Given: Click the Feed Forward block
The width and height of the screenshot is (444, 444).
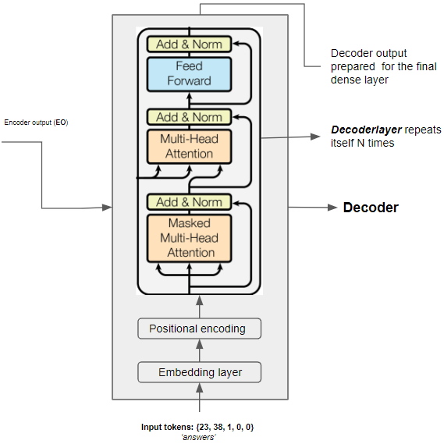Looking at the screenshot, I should [189, 73].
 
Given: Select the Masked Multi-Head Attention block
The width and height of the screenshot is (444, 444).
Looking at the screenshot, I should [189, 237].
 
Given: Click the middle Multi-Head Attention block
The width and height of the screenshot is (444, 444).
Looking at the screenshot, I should [189, 146].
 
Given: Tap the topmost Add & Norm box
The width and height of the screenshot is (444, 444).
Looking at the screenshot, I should [189, 44].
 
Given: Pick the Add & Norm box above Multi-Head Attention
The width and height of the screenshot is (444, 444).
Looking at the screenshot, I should [189, 117].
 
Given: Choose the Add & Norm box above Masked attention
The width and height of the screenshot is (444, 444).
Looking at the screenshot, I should [189, 202].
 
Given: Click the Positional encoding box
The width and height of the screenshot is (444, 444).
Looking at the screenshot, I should [200, 329].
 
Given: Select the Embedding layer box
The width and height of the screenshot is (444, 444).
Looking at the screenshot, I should [200, 372].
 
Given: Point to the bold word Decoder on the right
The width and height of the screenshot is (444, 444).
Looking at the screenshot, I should [371, 208].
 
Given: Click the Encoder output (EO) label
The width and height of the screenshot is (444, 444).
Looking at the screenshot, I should [36, 123].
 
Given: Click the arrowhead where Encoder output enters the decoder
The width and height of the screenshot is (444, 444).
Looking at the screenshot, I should [107, 208].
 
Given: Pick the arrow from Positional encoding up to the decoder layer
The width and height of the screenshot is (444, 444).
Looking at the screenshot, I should [200, 306].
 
